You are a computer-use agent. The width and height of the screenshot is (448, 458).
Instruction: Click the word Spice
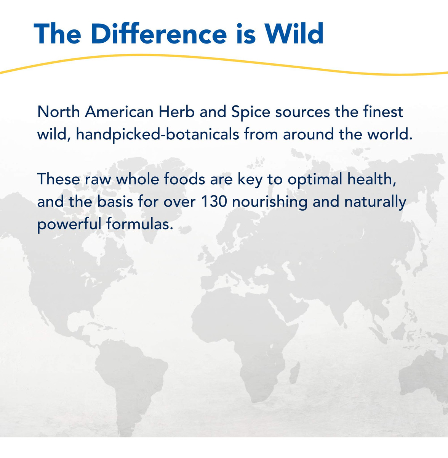click(x=251, y=112)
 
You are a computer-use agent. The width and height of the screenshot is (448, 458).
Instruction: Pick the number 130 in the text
click(x=214, y=202)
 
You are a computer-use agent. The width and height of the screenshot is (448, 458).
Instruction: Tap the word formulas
click(x=139, y=224)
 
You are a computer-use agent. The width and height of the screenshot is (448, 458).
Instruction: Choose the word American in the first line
click(x=119, y=112)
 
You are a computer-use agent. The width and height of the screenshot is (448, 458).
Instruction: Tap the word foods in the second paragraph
click(x=184, y=179)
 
